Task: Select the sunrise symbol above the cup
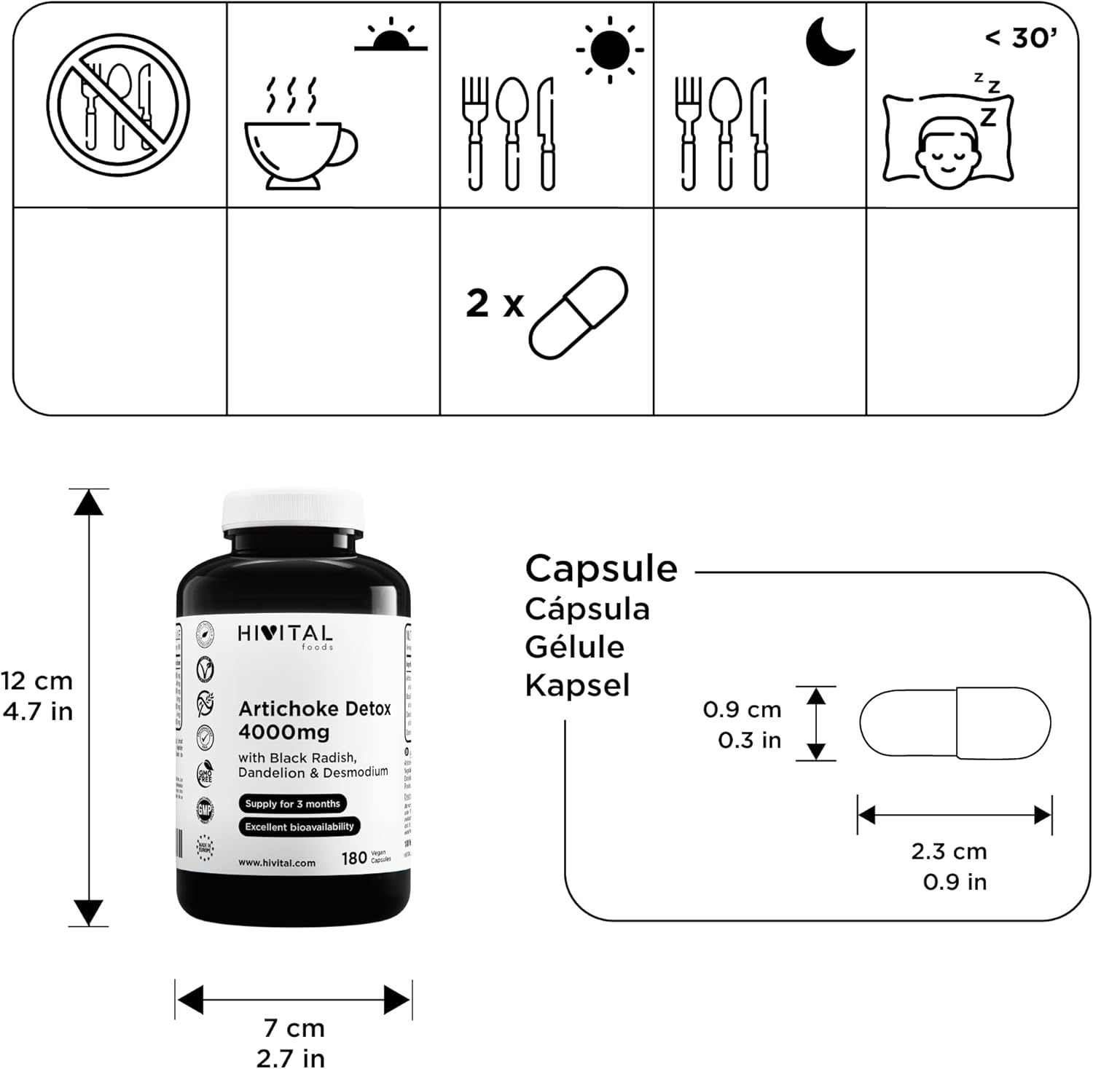click(x=391, y=36)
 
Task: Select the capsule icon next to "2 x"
click(x=579, y=312)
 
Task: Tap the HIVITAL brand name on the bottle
click(x=285, y=634)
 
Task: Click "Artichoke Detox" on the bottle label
click(x=315, y=709)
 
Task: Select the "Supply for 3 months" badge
click(x=292, y=804)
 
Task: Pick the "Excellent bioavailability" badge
click(x=299, y=827)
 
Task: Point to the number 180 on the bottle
click(x=354, y=859)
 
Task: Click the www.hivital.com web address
click(x=277, y=863)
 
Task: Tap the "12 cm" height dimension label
click(x=36, y=681)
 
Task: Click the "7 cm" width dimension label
click(x=294, y=1028)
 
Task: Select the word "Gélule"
click(x=575, y=647)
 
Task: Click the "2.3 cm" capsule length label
click(x=949, y=851)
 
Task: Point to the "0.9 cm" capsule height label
click(x=742, y=709)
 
